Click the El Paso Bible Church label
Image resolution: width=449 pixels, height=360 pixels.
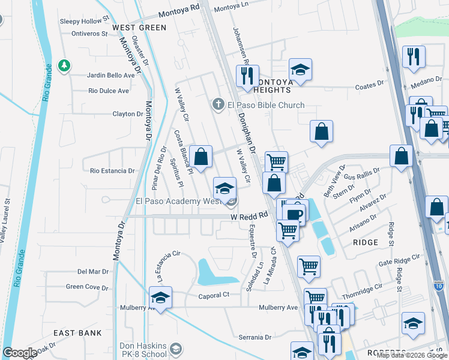[x=265, y=105]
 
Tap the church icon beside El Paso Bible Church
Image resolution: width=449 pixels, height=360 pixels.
[x=220, y=105]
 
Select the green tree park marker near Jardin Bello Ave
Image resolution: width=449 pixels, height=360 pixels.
[x=63, y=64]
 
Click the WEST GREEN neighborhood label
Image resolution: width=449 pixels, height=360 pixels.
[x=139, y=28]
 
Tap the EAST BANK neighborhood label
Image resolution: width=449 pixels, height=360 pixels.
[x=77, y=333]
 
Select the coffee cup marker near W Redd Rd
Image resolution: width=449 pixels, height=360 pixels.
[x=294, y=214]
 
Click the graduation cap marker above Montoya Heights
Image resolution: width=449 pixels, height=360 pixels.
[x=300, y=68]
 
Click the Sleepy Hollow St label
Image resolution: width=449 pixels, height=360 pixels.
[x=85, y=20]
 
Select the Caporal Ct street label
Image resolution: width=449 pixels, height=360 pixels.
[x=214, y=295]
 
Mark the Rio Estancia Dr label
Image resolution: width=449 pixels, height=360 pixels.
[x=112, y=171]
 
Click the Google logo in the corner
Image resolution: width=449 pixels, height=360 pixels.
[x=20, y=353]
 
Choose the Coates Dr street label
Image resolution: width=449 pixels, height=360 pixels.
[x=369, y=86]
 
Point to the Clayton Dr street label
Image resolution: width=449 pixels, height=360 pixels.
[x=128, y=113]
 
